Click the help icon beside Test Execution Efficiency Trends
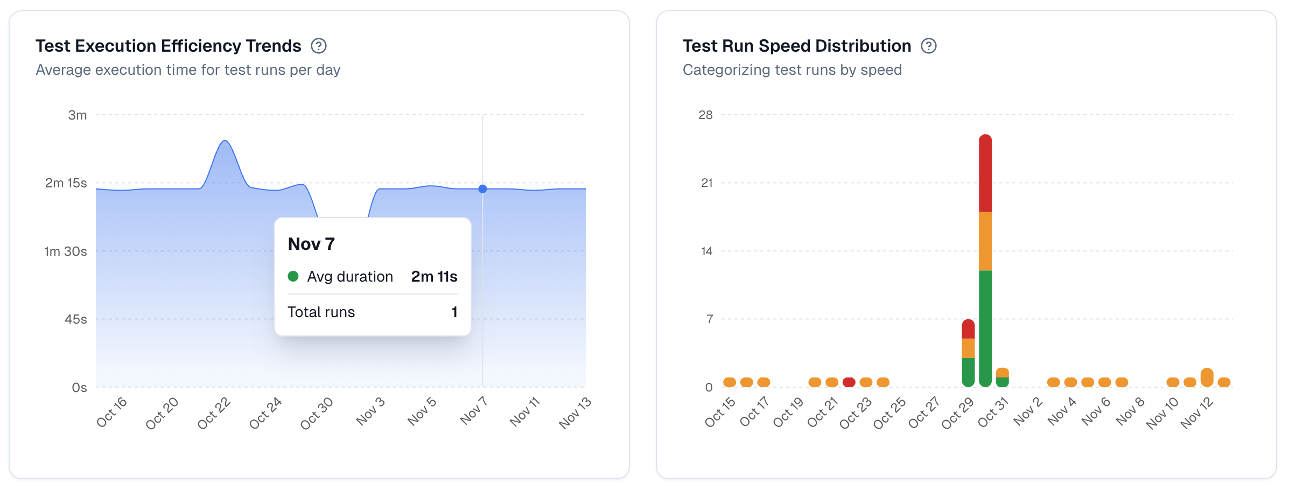pyautogui.click(x=319, y=46)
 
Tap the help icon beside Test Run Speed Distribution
pyautogui.click(x=929, y=46)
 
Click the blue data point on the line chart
pyautogui.click(x=482, y=189)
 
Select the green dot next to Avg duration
pyautogui.click(x=293, y=277)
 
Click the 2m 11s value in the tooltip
pyautogui.click(x=434, y=277)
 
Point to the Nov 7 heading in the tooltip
pyautogui.click(x=311, y=244)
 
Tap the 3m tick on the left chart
pyautogui.click(x=78, y=115)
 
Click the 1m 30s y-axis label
pyautogui.click(x=66, y=251)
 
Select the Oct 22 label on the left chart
pyautogui.click(x=214, y=414)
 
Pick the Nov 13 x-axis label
pyautogui.click(x=575, y=413)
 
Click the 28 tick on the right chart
pyautogui.click(x=705, y=115)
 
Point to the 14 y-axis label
pyautogui.click(x=706, y=251)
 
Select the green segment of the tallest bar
pyautogui.click(x=985, y=328)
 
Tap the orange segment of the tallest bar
pyautogui.click(x=985, y=241)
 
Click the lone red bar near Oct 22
pyautogui.click(x=849, y=382)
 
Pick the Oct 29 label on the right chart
pyautogui.click(x=957, y=414)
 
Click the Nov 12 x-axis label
pyautogui.click(x=1196, y=414)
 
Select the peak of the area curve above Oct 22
pyautogui.click(x=225, y=141)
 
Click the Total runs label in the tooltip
pyautogui.click(x=321, y=312)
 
